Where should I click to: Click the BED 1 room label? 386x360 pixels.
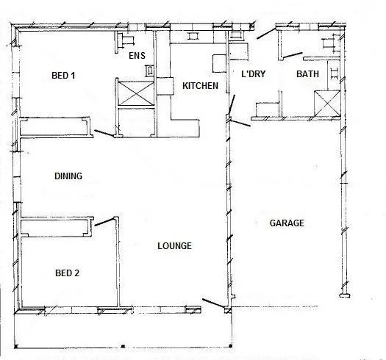point(62,76)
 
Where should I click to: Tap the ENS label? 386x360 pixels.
point(137,56)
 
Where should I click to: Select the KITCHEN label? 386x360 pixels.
point(200,87)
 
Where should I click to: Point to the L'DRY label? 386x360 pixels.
point(254,74)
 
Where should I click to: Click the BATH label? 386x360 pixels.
point(307,74)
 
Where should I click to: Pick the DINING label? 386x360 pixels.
point(68,176)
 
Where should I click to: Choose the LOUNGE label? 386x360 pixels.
point(174,246)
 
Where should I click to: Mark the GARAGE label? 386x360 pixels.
point(287,223)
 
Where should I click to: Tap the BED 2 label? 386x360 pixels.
point(68,273)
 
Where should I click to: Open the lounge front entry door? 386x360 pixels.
point(214,303)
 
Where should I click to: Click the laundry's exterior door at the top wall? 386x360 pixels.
point(264,32)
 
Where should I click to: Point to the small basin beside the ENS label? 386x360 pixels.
point(150,71)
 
